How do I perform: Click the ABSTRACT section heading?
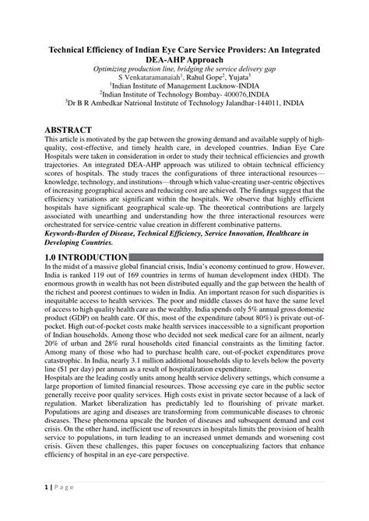(69, 129)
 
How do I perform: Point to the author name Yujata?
(238, 78)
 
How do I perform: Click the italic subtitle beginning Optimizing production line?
(184, 69)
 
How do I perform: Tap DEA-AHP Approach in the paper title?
(184, 60)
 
